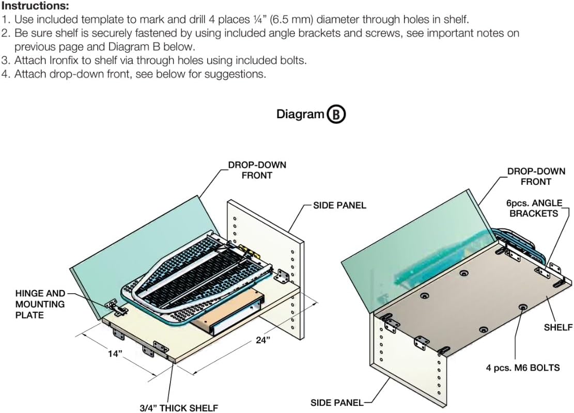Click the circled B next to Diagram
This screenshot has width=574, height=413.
(x=336, y=114)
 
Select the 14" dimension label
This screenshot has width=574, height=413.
(x=115, y=354)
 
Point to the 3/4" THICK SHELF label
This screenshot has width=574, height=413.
(x=179, y=408)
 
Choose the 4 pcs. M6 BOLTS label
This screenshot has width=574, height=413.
(x=522, y=368)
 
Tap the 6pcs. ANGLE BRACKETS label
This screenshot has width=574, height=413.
(x=534, y=208)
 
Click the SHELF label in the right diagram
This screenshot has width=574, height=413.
(x=558, y=327)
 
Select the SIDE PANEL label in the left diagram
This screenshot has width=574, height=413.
(x=339, y=205)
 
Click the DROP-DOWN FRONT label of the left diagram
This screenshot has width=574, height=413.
(x=257, y=170)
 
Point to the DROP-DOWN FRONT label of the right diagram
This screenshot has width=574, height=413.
(x=536, y=176)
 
